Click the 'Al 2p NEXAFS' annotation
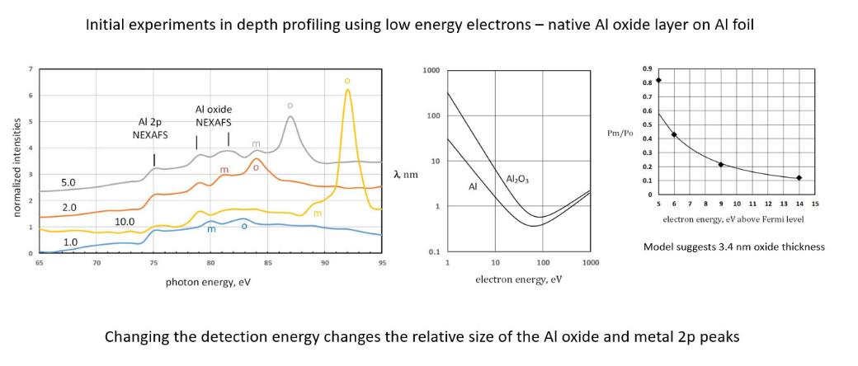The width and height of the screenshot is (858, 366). click(x=152, y=129)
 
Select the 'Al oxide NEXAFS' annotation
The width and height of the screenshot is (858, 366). click(x=214, y=115)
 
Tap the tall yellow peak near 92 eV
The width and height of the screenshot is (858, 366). click(x=347, y=91)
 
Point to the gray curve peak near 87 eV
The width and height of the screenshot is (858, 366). click(x=290, y=117)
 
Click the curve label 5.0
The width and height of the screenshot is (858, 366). click(x=68, y=181)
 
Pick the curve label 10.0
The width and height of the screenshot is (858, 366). click(x=125, y=222)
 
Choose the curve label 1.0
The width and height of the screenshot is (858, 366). click(x=71, y=242)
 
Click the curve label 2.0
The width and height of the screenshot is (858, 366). click(x=70, y=206)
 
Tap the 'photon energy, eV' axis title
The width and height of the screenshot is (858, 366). click(x=208, y=282)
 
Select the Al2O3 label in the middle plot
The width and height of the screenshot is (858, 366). click(x=517, y=179)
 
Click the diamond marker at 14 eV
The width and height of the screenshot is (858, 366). click(x=799, y=177)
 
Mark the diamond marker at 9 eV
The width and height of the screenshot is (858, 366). click(x=720, y=164)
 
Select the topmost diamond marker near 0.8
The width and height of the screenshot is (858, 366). click(x=658, y=80)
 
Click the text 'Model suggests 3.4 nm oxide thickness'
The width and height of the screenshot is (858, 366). click(x=733, y=246)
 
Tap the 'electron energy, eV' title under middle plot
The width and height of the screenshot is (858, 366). click(x=518, y=279)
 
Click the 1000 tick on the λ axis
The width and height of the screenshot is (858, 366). click(x=430, y=71)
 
